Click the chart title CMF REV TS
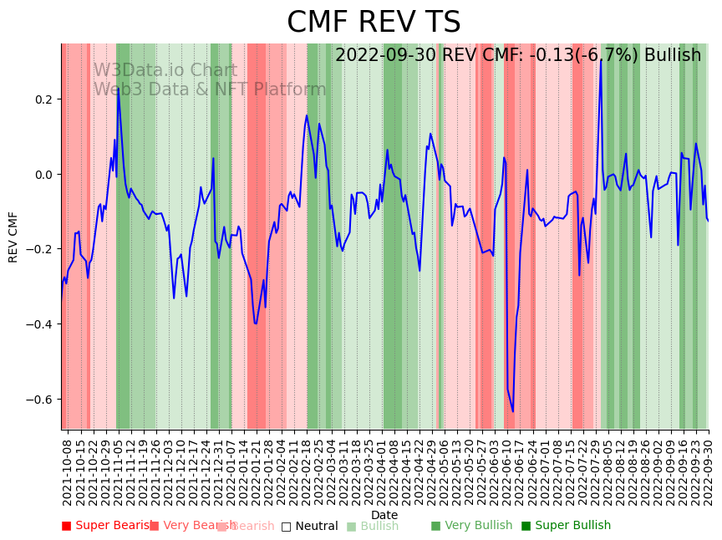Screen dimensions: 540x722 [x=374, y=23]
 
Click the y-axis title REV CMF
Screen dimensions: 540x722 [x=13, y=237]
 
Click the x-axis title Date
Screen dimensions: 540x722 [x=384, y=515]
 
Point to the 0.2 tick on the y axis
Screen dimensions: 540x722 [x=42, y=99]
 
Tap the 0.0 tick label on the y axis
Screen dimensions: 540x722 [x=42, y=175]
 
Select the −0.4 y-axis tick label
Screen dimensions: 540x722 [x=39, y=324]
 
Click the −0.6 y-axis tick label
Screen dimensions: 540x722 [x=39, y=400]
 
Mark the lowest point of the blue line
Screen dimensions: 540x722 [x=513, y=411]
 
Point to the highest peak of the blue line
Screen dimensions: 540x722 [x=601, y=59]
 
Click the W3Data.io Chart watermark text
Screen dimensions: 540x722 [x=165, y=70]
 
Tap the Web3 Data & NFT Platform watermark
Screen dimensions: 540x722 [x=209, y=89]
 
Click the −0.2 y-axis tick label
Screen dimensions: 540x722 [x=39, y=249]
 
